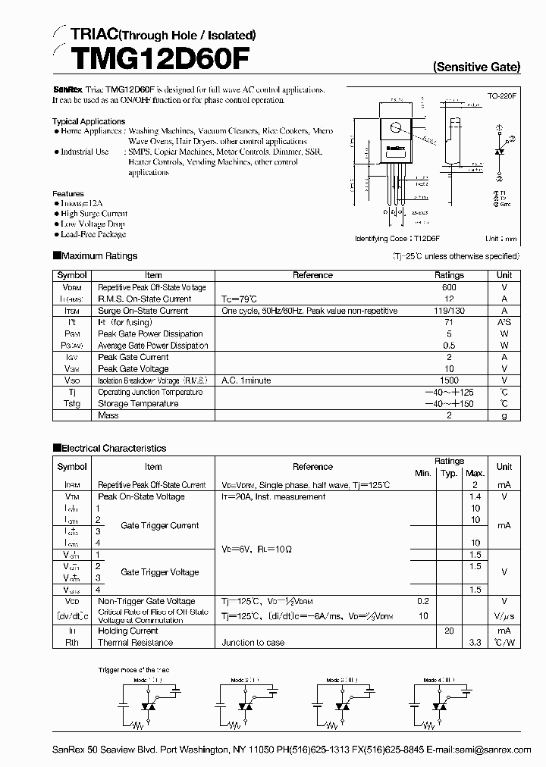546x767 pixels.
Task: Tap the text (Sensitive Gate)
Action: coord(476,67)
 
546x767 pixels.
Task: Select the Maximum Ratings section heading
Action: coord(99,256)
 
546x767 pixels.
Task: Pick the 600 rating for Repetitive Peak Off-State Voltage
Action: coord(449,287)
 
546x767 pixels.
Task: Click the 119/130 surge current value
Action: coord(449,311)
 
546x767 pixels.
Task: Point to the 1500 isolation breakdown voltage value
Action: coord(449,380)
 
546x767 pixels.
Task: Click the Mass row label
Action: coord(108,415)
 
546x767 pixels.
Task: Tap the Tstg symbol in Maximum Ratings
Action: coord(72,404)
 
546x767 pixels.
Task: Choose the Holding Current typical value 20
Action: coord(449,631)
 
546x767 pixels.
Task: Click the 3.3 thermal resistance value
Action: coord(475,642)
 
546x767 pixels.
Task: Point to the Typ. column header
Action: coord(449,473)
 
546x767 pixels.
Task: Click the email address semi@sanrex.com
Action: coord(494,750)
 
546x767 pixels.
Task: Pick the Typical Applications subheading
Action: coord(89,121)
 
